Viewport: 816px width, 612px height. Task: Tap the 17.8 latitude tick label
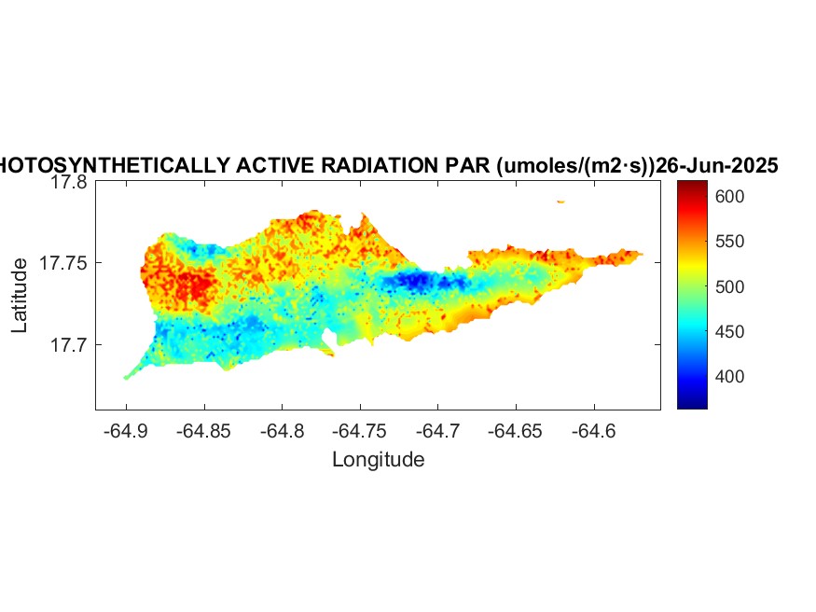pos(69,183)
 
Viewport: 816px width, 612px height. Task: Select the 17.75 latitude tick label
pos(64,264)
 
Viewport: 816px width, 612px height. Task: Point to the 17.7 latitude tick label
pos(69,345)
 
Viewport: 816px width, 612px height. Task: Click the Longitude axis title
pos(378,460)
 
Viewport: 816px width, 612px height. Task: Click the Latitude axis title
pos(20,297)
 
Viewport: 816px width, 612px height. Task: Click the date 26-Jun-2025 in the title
pos(717,166)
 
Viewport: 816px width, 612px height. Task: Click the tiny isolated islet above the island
pos(560,202)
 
